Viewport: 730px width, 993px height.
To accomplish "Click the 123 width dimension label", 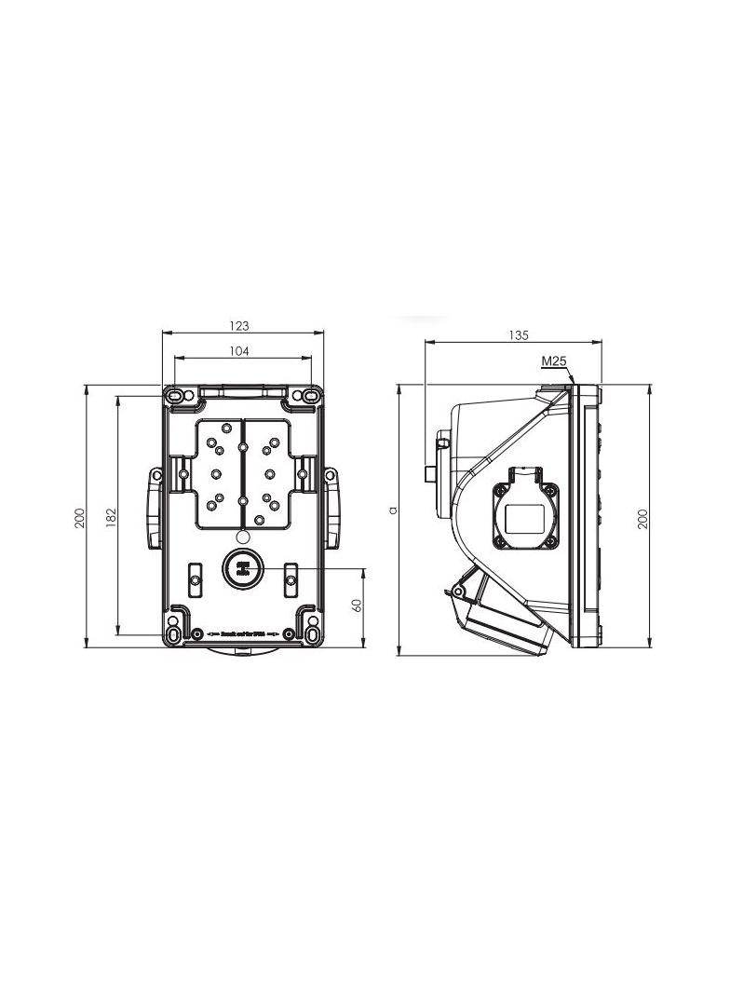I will pyautogui.click(x=240, y=326).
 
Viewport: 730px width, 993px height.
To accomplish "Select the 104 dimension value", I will pyautogui.click(x=240, y=351).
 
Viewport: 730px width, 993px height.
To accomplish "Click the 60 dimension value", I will pyautogui.click(x=357, y=604).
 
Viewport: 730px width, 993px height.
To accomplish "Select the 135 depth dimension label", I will pyautogui.click(x=519, y=335).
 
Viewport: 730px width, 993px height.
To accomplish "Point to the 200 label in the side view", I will pyautogui.click(x=642, y=519).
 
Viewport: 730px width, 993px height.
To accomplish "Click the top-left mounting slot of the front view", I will pyautogui.click(x=175, y=398).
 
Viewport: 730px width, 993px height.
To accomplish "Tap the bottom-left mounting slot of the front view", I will pyautogui.click(x=174, y=634).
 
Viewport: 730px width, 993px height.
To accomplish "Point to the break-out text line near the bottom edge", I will pyautogui.click(x=241, y=633).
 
